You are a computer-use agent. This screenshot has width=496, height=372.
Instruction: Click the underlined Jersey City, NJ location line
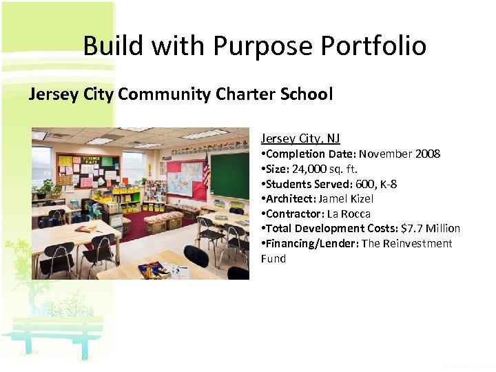(300, 138)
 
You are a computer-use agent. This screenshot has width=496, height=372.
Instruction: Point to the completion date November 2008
(400, 154)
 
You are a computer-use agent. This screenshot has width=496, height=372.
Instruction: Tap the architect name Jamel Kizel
(345, 198)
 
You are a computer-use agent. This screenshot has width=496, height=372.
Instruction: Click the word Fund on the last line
(273, 258)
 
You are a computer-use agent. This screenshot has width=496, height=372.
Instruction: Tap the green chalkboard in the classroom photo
(228, 175)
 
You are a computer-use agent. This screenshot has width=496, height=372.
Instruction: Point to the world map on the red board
(184, 180)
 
